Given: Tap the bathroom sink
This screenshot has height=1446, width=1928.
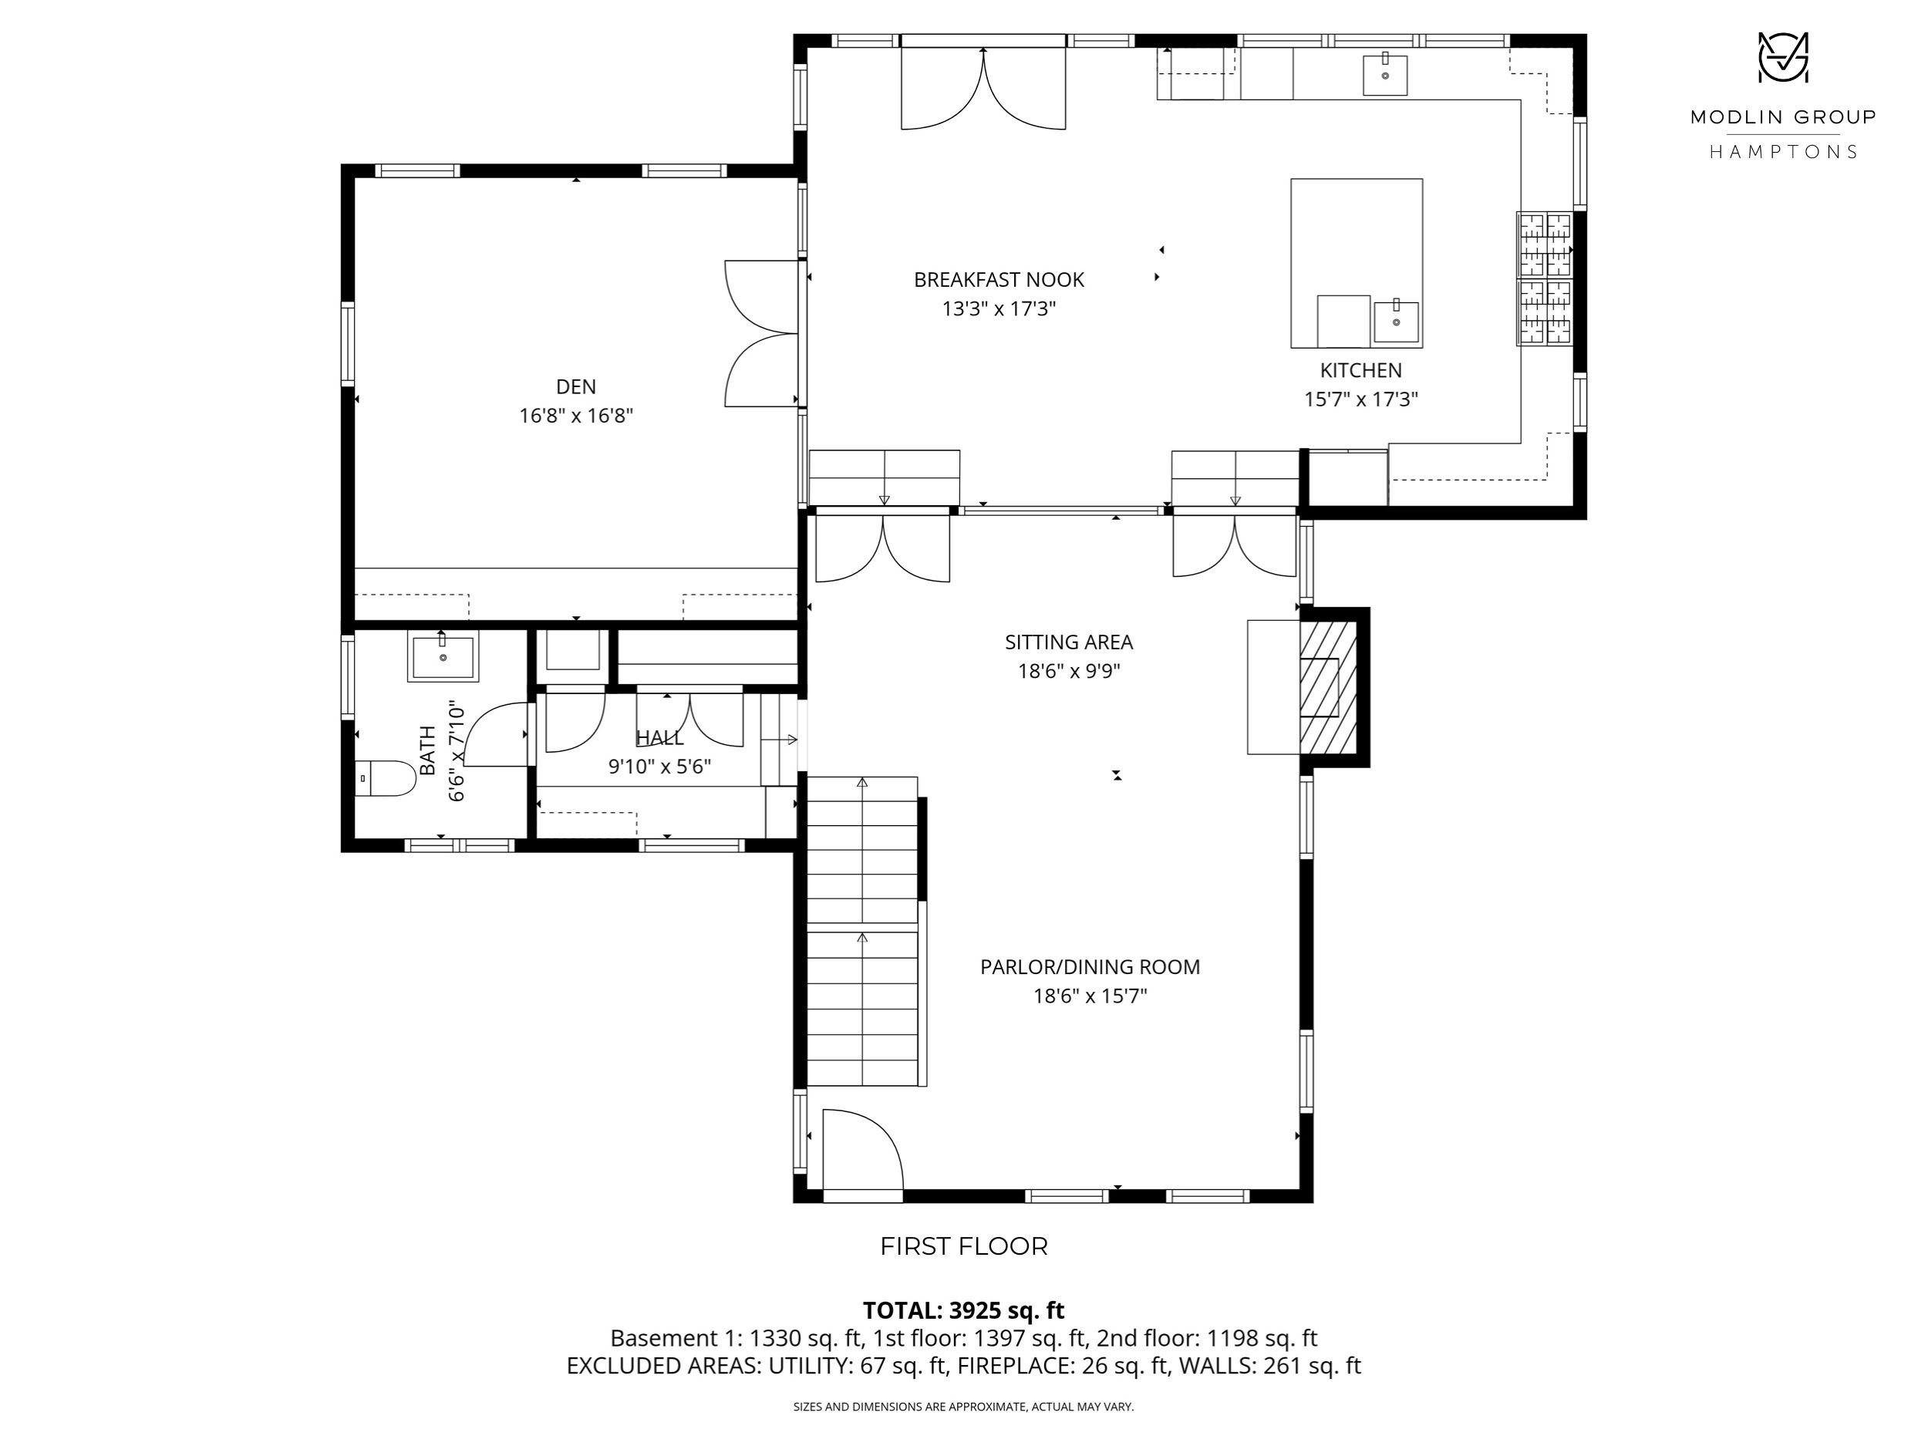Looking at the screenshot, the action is coord(443,656).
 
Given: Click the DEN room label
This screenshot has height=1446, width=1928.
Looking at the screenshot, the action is coord(576,386).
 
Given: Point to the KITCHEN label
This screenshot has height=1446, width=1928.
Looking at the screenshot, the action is coord(1360,370).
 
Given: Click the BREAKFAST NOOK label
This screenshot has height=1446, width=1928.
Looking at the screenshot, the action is coord(999,280).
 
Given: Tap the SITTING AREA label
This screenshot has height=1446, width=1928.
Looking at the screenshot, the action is coord(1069,642).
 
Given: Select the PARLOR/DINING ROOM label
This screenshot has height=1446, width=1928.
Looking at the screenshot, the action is coord(1090,966).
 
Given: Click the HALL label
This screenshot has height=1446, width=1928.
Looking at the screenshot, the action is coord(660,738).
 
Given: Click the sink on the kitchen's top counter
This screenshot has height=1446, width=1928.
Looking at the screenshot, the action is coord(1385,74).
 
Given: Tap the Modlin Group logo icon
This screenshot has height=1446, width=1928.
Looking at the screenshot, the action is coord(1782,58).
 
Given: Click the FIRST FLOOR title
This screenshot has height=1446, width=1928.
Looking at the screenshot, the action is coord(964,1246).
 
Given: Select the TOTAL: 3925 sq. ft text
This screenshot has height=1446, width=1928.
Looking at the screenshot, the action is coord(964,1310).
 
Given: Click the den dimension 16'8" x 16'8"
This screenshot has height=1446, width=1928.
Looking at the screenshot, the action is coord(576,416).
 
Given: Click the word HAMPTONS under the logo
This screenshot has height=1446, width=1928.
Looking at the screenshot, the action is coord(1782,152).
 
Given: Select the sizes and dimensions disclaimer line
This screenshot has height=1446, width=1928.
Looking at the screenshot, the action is coord(963,1407).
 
